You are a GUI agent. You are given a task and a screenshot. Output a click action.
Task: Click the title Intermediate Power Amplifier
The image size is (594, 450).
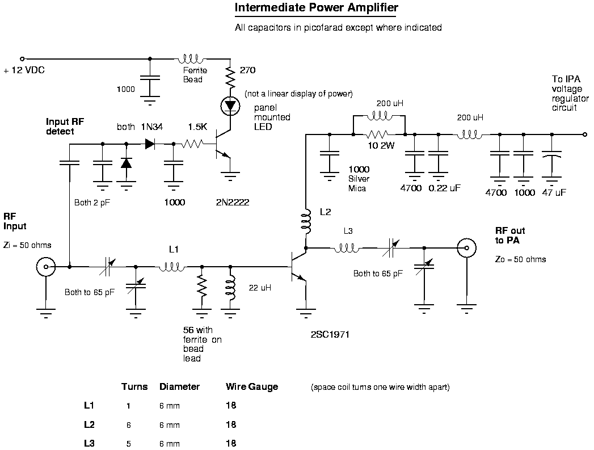pos(317,9)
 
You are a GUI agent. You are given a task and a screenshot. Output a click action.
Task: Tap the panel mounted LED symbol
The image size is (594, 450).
pos(230,106)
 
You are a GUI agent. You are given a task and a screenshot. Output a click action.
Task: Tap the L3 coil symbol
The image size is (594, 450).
pos(347,247)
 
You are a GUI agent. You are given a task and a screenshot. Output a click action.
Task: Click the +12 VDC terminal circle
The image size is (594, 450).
pos(23,58)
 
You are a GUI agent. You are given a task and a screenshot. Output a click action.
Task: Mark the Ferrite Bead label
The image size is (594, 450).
pos(195,75)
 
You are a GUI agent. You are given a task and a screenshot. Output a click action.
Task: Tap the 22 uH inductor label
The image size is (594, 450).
pos(260,288)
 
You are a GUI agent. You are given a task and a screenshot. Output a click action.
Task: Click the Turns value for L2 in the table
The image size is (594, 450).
pos(129,424)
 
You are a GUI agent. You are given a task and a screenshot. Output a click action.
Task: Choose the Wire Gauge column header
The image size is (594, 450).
pos(252,387)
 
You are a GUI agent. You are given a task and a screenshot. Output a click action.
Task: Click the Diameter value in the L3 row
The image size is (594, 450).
pos(170,443)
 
